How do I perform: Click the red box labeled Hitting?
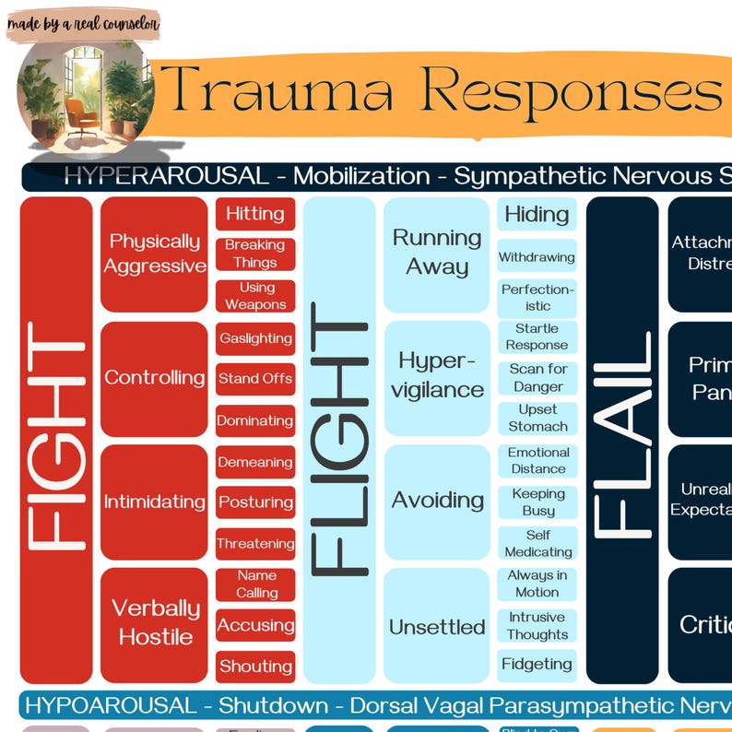coord(255,214)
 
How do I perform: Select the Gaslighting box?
coord(255,338)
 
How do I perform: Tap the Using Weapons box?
coord(255,296)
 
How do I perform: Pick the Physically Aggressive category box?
coord(154,254)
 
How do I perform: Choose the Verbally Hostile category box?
coord(154,623)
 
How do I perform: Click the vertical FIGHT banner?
coord(56,440)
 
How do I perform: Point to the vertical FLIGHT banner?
coord(339,440)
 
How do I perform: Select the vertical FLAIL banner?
coord(622,440)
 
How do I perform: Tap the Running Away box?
coord(437,254)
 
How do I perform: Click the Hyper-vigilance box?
coord(437,376)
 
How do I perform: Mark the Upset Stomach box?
coord(537,418)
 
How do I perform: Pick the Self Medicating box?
coord(537,543)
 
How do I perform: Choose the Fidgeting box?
coord(537,664)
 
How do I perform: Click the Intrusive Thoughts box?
coord(537,625)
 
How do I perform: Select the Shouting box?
coord(255,666)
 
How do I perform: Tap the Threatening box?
coord(255,543)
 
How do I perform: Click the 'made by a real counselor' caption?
coord(83,24)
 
